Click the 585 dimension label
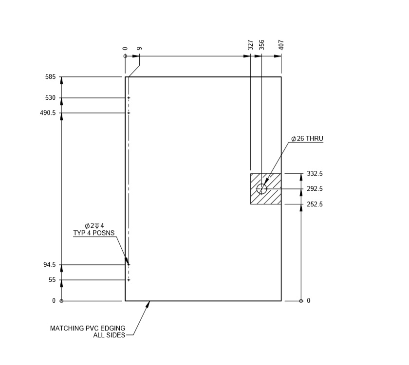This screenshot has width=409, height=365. pos(51,77)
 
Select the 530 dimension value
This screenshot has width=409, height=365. pos(51,98)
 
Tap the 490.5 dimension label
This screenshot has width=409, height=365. pos(48,113)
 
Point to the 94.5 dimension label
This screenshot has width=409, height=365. pos(50,265)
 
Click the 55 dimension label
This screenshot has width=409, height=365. pos(52,280)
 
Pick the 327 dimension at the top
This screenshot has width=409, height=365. pos(250,45)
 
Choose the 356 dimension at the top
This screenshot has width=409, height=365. pos(262,45)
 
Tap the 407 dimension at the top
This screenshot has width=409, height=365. pos(281,45)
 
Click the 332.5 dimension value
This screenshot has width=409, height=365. pos(315,174)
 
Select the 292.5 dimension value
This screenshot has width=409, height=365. pos(315,189)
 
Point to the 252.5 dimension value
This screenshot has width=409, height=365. pos(315,204)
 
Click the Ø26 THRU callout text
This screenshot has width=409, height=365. pos(307,139)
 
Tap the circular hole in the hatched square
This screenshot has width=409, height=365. pos(262,188)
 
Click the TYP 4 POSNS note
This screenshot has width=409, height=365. pos(94,233)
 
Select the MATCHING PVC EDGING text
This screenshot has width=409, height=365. pos(87,328)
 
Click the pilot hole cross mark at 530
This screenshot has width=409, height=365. pos(129,98)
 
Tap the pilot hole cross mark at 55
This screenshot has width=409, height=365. pos(129,280)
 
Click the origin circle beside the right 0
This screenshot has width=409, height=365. pos(301,301)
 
